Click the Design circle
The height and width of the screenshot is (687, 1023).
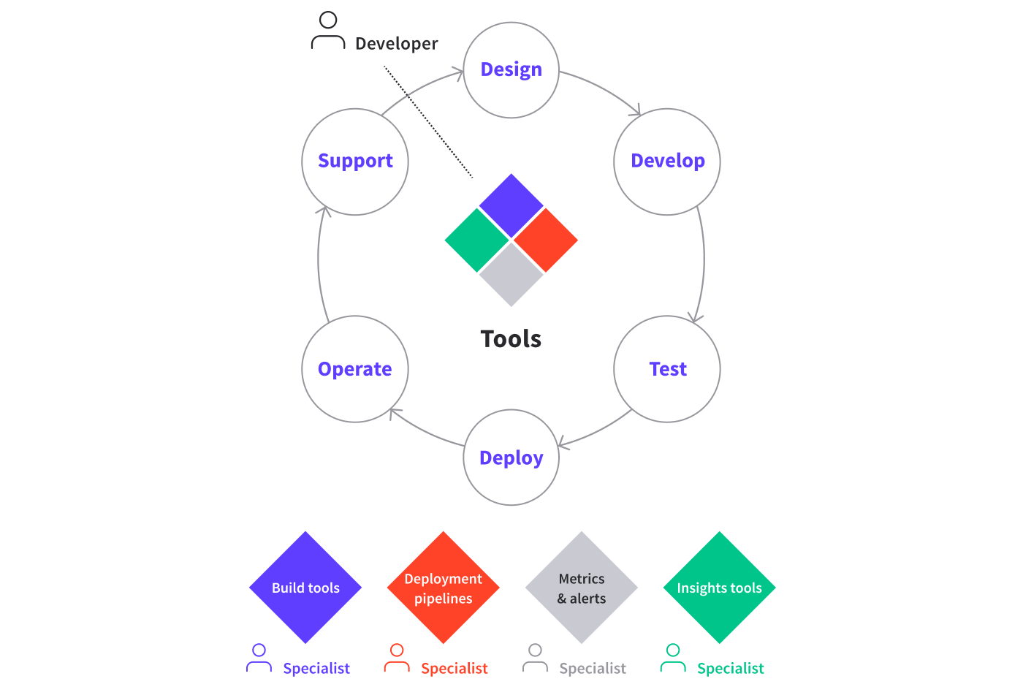pyautogui.click(x=512, y=70)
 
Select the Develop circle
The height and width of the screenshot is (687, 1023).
pyautogui.click(x=667, y=162)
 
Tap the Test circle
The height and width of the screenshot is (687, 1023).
pyautogui.click(x=667, y=369)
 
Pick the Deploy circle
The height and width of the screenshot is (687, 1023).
pyautogui.click(x=512, y=458)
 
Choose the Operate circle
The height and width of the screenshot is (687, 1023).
pyautogui.click(x=355, y=369)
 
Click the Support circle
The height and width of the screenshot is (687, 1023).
pyautogui.click(x=355, y=162)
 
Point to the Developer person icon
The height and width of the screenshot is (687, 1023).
pyautogui.click(x=328, y=31)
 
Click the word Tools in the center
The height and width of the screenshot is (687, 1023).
pyautogui.click(x=511, y=339)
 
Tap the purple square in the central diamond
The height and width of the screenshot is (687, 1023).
pyautogui.click(x=512, y=205)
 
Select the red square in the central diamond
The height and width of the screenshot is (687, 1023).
pyautogui.click(x=545, y=240)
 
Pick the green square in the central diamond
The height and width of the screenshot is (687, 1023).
pyautogui.click(x=477, y=240)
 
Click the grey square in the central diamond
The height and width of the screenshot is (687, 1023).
pyautogui.click(x=512, y=273)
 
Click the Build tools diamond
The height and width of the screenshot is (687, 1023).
pyautogui.click(x=305, y=588)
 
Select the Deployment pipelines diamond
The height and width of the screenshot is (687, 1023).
pyautogui.click(x=444, y=588)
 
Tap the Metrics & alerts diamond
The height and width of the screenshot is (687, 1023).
pyautogui.click(x=582, y=588)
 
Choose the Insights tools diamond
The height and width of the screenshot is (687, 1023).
pyautogui.click(x=720, y=588)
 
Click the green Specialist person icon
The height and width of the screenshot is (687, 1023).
pyautogui.click(x=673, y=658)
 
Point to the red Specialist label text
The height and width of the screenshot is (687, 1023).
pyautogui.click(x=454, y=668)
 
